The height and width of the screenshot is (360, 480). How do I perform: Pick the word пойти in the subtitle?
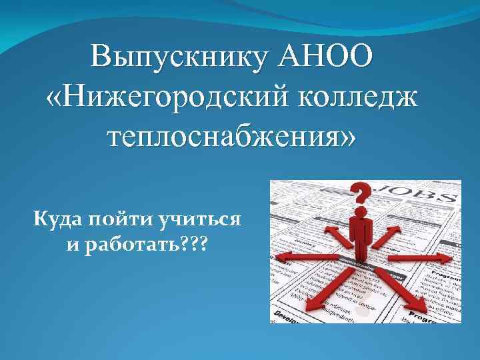tap(120, 218)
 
